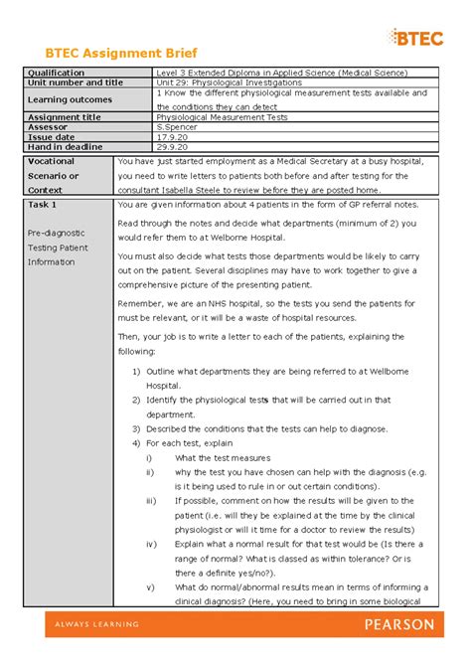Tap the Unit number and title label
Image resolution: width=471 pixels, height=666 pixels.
(x=76, y=83)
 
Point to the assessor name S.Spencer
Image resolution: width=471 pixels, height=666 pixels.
(x=179, y=127)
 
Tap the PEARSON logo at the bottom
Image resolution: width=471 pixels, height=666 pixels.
(x=401, y=624)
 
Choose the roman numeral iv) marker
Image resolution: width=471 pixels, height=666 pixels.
(x=151, y=544)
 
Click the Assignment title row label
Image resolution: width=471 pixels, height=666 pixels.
(x=65, y=117)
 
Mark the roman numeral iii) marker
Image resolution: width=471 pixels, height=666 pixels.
(x=151, y=501)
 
